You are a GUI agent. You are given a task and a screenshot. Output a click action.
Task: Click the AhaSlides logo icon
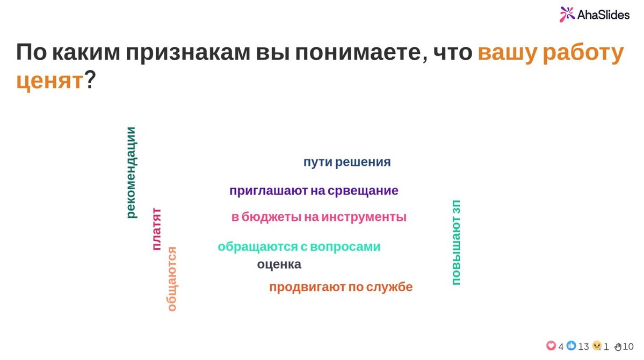pos(567,15)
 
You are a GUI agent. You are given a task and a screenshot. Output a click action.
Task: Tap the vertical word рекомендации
pos(131,172)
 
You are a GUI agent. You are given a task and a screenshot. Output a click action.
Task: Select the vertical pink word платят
pos(156,229)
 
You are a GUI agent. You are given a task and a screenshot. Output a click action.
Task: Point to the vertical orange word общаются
pos(172,279)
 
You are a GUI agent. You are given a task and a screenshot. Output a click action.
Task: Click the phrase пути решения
pos(347,162)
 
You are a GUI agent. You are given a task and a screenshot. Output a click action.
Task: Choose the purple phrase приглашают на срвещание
pos(314,191)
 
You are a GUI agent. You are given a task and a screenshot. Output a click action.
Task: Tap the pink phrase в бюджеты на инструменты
pos(319,217)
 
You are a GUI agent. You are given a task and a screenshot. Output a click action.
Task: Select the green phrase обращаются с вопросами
pos(299,247)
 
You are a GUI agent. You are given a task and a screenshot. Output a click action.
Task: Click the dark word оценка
pos(279,264)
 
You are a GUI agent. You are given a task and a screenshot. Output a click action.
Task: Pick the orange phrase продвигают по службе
pos(341,287)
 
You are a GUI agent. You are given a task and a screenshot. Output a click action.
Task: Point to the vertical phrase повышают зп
pos(456,242)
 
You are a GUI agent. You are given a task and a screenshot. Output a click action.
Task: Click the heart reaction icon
pos(551,346)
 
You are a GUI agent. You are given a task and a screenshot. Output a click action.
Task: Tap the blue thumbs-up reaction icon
pos(571,346)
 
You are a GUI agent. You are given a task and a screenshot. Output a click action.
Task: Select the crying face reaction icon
pos(597,346)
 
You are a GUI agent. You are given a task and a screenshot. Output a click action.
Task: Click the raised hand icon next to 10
pos(618,347)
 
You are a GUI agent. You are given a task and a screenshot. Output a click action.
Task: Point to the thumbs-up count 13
pos(584,347)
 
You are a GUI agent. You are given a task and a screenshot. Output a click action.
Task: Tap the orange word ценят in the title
pos(50,80)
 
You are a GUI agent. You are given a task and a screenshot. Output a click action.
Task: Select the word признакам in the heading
pos(188,53)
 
